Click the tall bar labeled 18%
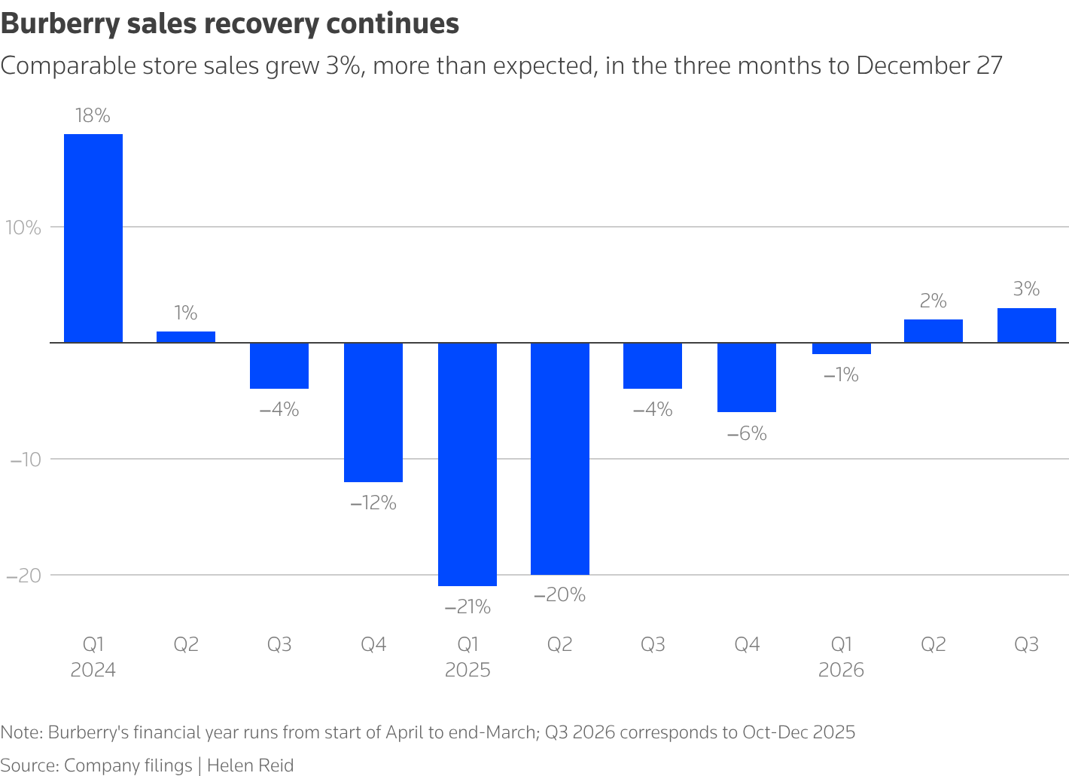point(93,238)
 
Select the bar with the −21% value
point(467,464)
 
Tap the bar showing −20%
point(560,458)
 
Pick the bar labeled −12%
point(373,412)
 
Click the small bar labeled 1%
point(186,337)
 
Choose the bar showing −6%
point(747,377)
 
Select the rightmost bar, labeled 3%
point(1027,325)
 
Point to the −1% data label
point(841,374)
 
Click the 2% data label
point(933,301)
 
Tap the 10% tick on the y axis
point(24,228)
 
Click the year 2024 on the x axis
point(93,670)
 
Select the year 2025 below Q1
point(467,670)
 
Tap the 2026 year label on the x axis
point(841,670)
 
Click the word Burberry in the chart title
point(59,24)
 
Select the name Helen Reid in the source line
point(251,765)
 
